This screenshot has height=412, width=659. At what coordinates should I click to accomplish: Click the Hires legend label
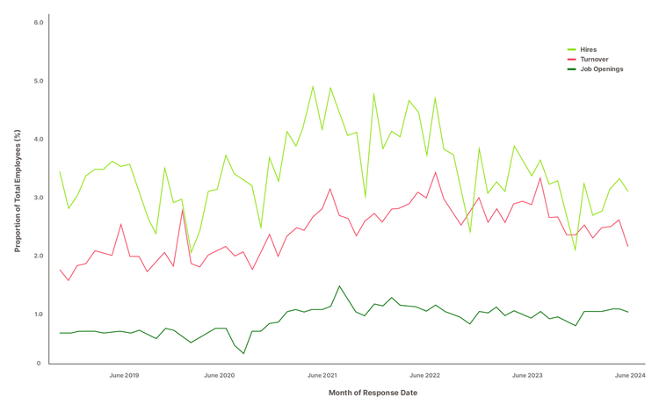pyautogui.click(x=588, y=49)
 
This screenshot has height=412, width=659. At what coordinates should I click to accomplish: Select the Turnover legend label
pyautogui.click(x=594, y=59)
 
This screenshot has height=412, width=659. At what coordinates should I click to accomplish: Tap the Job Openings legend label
pyautogui.click(x=601, y=69)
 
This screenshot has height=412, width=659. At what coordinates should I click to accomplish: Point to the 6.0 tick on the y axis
pyautogui.click(x=39, y=22)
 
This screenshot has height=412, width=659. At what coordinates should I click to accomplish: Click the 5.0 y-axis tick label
pyautogui.click(x=39, y=81)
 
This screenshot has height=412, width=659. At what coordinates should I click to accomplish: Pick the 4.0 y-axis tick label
pyautogui.click(x=39, y=139)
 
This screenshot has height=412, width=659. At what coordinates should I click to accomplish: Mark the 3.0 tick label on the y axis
pyautogui.click(x=39, y=198)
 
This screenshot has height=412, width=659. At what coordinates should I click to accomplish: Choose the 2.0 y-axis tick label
pyautogui.click(x=39, y=256)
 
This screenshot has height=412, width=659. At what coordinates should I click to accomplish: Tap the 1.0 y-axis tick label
pyautogui.click(x=39, y=314)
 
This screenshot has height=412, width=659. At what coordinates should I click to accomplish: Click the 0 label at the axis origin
pyautogui.click(x=39, y=364)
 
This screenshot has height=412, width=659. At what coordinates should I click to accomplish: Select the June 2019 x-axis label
pyautogui.click(x=124, y=375)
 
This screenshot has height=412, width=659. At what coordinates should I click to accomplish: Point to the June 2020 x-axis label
pyautogui.click(x=220, y=375)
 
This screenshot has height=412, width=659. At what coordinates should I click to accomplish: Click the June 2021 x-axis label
pyautogui.click(x=322, y=375)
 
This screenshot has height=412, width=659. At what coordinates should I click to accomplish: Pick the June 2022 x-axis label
pyautogui.click(x=424, y=375)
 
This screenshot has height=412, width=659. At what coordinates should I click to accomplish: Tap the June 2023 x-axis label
pyautogui.click(x=527, y=375)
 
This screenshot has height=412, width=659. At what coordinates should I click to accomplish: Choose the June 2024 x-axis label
pyautogui.click(x=630, y=375)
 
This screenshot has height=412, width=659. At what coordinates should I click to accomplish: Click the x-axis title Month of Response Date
pyautogui.click(x=373, y=393)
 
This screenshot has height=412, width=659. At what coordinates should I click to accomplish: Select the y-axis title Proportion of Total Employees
pyautogui.click(x=18, y=191)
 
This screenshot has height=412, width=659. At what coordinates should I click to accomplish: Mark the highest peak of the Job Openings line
pyautogui.click(x=339, y=286)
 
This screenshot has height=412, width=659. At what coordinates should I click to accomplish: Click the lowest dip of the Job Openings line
pyautogui.click(x=243, y=354)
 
